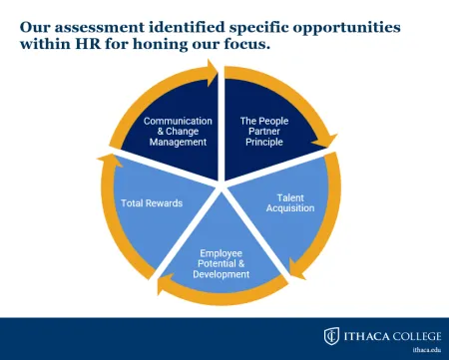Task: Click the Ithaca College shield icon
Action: click(x=331, y=335)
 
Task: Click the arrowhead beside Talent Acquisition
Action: click(x=296, y=267)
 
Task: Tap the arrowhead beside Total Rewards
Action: click(x=105, y=159)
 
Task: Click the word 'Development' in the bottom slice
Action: click(x=222, y=274)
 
